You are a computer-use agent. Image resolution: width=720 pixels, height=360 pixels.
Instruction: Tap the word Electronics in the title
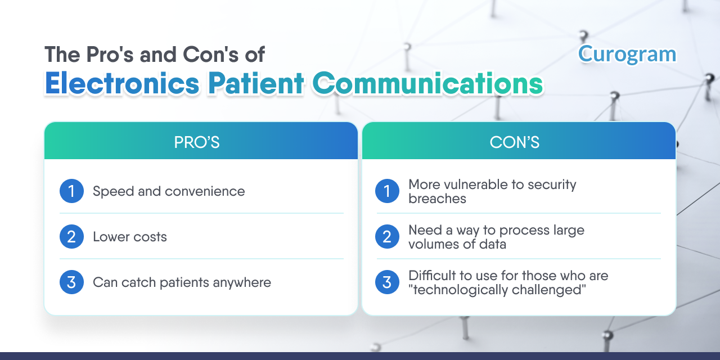point(123,83)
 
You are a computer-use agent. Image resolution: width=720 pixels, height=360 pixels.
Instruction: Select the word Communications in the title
point(428,83)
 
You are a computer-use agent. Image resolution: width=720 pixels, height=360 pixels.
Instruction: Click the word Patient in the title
point(256,83)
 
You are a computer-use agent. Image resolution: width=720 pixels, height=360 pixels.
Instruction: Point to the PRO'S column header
point(197,142)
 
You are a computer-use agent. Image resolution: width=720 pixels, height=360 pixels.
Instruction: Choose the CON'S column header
point(514,142)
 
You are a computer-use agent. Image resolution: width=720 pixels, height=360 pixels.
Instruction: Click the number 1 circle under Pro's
point(71,191)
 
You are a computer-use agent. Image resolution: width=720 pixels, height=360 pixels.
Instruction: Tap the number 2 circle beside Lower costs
point(71,237)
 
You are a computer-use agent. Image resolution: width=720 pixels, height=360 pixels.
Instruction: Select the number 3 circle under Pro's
point(71,282)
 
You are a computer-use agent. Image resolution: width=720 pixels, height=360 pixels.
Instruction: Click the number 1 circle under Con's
point(388,191)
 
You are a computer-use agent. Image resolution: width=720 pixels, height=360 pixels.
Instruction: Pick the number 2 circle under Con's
point(388,237)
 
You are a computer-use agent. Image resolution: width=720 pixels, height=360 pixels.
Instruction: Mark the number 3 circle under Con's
point(388,282)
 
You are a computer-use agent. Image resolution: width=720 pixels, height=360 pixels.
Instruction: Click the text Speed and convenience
point(169,192)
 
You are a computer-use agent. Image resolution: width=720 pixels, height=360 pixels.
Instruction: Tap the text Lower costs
point(130,237)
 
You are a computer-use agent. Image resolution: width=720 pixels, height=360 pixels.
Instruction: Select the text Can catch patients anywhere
point(182,283)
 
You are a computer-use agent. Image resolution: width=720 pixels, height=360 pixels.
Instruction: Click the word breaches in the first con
point(437,199)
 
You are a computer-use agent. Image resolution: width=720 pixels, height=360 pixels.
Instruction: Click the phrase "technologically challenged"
point(497,290)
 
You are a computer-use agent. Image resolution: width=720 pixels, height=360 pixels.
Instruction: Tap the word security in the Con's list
point(552,185)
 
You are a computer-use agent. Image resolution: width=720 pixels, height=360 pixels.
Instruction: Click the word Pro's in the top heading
point(110,55)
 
